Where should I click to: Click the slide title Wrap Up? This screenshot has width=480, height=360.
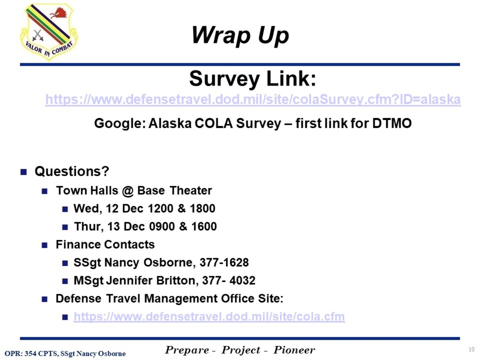click(x=240, y=35)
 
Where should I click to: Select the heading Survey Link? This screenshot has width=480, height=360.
click(x=253, y=79)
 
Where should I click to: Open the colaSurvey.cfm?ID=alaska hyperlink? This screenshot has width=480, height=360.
click(x=253, y=100)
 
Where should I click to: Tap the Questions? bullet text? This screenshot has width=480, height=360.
click(x=71, y=171)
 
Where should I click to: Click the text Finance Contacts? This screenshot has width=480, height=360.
click(x=105, y=244)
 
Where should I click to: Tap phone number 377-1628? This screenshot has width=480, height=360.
click(x=224, y=262)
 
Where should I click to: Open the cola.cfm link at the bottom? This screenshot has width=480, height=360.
click(x=209, y=317)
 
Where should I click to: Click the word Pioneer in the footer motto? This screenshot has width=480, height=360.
click(x=294, y=350)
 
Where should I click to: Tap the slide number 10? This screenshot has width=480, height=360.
click(x=472, y=350)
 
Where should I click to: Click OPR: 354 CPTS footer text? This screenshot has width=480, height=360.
click(x=31, y=353)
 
